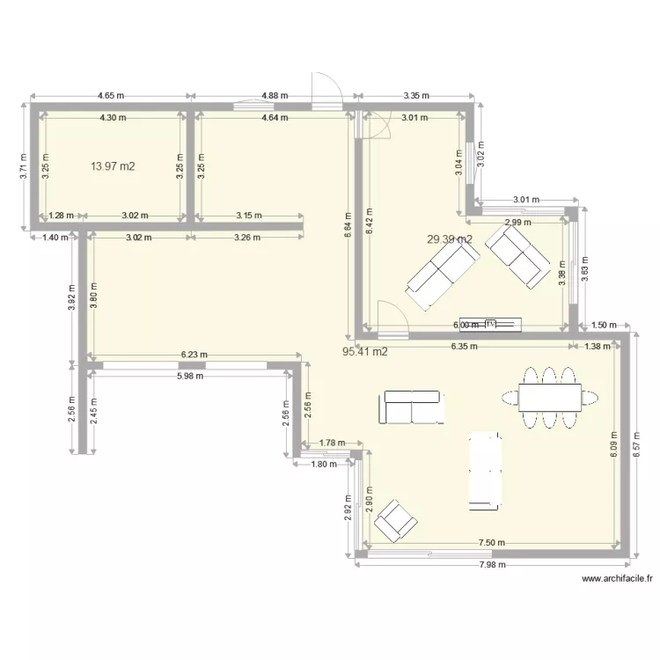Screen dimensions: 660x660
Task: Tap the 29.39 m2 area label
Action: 450,239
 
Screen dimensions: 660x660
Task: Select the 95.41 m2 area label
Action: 364,351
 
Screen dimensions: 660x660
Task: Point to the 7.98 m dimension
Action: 492,565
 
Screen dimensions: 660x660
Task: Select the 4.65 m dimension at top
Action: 111,95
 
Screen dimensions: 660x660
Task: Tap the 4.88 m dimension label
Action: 275,95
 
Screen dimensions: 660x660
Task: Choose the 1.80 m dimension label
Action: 324,465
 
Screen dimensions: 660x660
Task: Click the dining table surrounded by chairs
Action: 550,398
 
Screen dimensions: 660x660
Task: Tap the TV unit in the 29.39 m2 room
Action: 490,324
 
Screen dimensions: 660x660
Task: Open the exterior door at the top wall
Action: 326,91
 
